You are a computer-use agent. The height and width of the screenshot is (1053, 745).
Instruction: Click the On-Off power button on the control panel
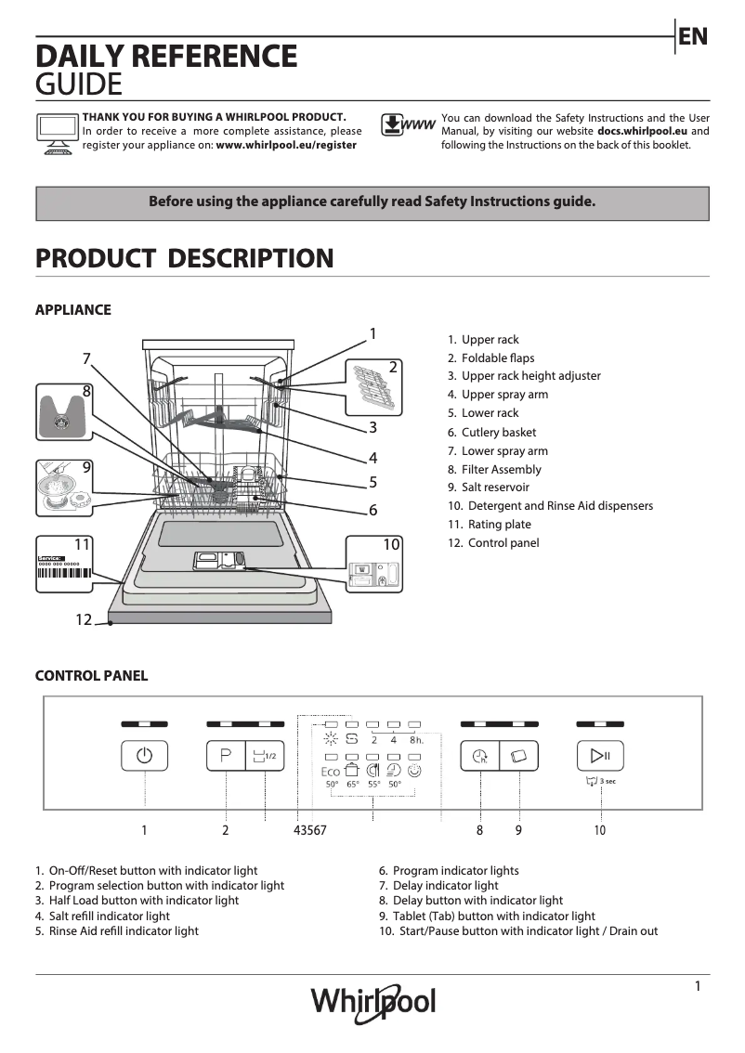click(144, 756)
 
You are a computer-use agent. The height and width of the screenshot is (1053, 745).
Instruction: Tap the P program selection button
click(226, 756)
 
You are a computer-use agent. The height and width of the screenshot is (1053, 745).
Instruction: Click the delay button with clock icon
click(479, 756)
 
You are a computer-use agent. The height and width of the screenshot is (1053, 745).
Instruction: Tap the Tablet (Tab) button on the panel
click(519, 756)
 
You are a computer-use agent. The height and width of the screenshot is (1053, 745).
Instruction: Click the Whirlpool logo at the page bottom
click(372, 1001)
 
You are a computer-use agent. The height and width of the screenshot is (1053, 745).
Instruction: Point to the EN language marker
click(693, 37)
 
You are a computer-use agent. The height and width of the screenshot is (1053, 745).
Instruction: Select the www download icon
click(408, 126)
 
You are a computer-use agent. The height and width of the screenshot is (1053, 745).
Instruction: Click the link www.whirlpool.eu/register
click(286, 146)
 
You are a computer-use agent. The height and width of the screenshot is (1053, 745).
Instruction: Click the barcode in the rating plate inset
click(64, 573)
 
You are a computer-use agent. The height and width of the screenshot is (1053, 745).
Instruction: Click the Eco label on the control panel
click(331, 772)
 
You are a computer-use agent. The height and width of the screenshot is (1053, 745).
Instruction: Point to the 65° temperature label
click(353, 785)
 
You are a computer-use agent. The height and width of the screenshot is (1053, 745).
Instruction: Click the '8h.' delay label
click(416, 740)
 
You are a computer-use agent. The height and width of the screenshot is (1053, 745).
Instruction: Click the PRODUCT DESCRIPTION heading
click(184, 258)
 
